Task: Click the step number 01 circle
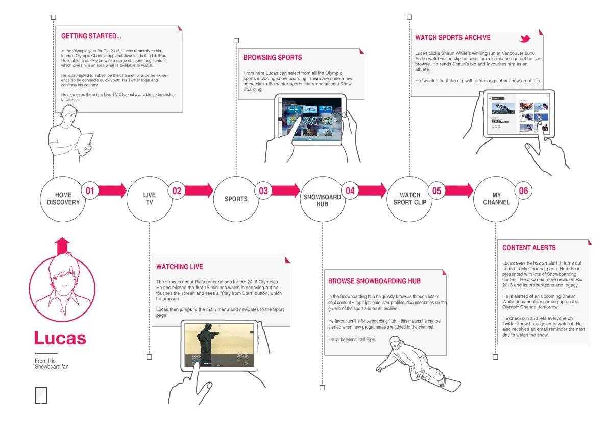click(x=90, y=191)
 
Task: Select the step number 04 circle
click(x=350, y=191)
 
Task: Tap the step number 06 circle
click(x=523, y=191)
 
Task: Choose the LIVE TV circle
click(x=149, y=199)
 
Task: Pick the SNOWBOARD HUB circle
click(x=322, y=200)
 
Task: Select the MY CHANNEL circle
click(x=496, y=199)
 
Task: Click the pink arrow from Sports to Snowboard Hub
click(x=285, y=191)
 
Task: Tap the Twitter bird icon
click(x=525, y=39)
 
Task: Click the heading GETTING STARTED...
click(x=91, y=36)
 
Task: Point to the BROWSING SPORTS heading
click(x=273, y=58)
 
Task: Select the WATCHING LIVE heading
click(x=180, y=267)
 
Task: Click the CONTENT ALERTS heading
click(x=529, y=248)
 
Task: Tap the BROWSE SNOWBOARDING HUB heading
click(x=374, y=281)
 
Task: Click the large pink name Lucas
click(x=60, y=338)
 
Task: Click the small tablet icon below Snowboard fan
click(x=41, y=396)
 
